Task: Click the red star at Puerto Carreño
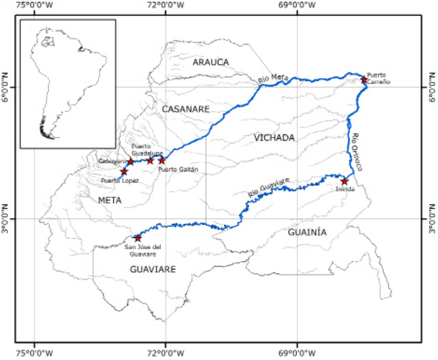(x=364, y=79)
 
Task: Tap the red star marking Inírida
(x=344, y=181)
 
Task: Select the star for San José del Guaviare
(x=138, y=238)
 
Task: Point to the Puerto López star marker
(x=124, y=171)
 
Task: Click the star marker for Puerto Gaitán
(x=162, y=160)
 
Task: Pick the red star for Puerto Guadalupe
(x=150, y=160)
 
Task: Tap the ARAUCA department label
(x=211, y=62)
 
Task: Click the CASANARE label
(x=185, y=109)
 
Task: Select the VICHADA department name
(x=273, y=137)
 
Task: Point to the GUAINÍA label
(x=308, y=232)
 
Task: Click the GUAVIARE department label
(x=153, y=269)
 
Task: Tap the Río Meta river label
(x=273, y=79)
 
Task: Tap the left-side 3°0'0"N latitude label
(x=6, y=219)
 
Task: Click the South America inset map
(x=68, y=84)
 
